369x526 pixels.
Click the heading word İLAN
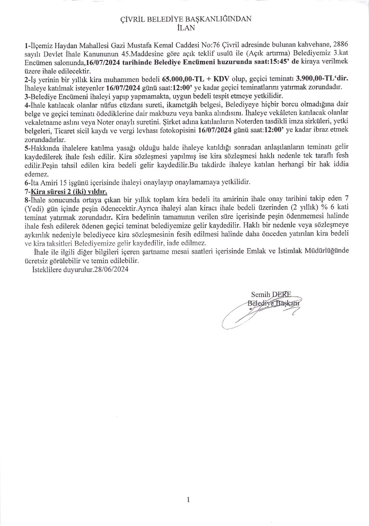click(x=185, y=28)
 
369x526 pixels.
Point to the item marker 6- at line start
click(x=27, y=182)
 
